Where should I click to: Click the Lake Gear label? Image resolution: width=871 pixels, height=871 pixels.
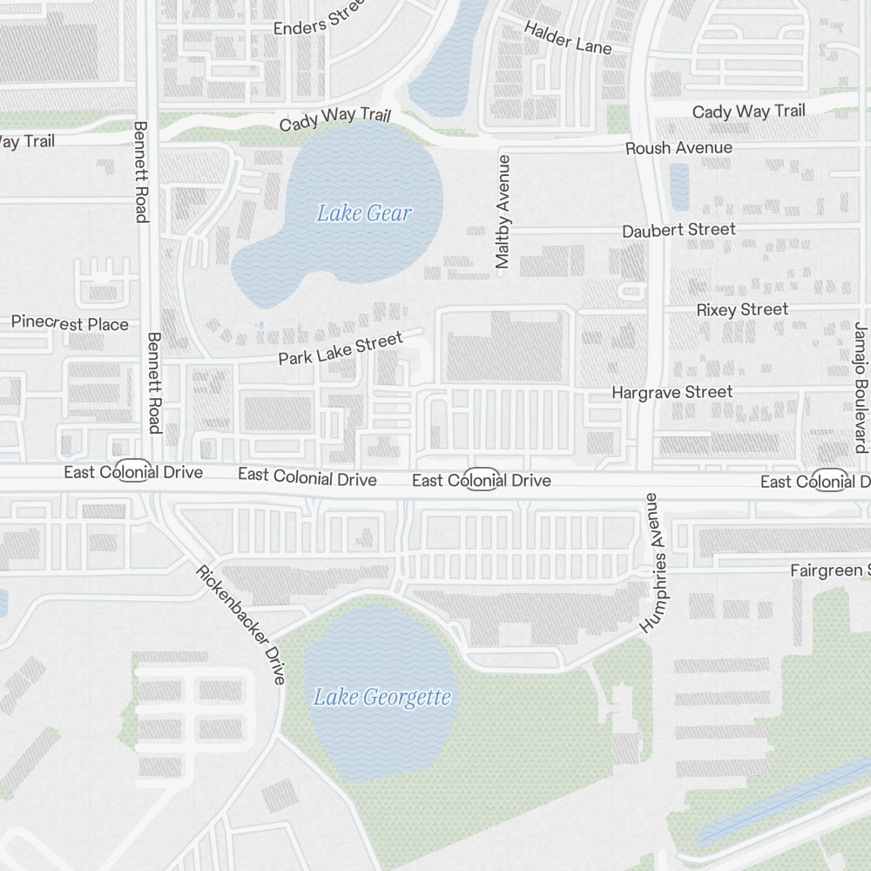(x=363, y=213)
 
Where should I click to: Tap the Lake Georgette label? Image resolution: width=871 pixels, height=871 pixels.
(x=382, y=698)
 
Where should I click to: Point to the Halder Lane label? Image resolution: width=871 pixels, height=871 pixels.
(x=567, y=37)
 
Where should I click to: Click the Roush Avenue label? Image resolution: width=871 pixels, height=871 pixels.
(x=679, y=148)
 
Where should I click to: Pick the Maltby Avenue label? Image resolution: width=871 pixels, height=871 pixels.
(x=503, y=212)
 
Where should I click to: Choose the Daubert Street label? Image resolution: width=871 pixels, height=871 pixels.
(x=679, y=230)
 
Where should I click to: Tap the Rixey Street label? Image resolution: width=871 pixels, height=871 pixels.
(x=742, y=310)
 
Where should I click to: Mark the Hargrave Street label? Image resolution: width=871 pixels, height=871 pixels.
(x=672, y=393)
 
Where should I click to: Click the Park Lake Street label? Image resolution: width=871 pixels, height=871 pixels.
(x=341, y=348)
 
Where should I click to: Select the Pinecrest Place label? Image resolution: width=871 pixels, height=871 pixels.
(x=70, y=324)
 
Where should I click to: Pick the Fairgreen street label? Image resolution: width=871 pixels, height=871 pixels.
(x=828, y=571)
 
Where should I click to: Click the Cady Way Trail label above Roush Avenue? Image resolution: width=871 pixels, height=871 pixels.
(x=748, y=111)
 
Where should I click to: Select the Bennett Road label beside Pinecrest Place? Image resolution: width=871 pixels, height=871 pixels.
(x=154, y=381)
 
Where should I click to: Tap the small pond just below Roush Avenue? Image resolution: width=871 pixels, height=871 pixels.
(x=679, y=186)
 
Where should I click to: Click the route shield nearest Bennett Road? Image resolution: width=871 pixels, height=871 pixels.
(x=132, y=469)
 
